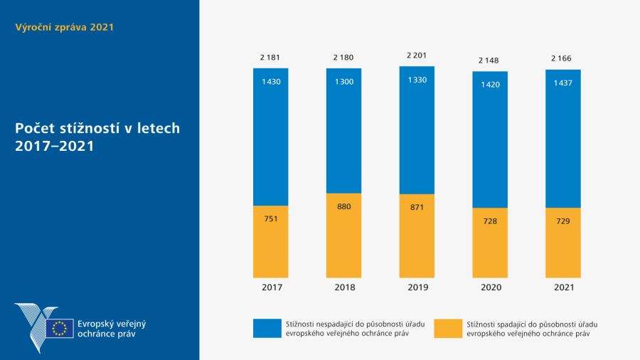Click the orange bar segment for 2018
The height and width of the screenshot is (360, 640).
343,242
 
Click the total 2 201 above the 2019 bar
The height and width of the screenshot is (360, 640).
417,55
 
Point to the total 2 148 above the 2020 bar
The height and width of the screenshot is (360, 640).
490,60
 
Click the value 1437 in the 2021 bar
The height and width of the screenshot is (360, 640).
563,83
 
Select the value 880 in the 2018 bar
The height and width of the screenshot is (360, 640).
343,207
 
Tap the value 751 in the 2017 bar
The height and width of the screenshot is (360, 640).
270,218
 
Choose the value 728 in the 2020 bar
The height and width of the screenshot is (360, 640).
490,221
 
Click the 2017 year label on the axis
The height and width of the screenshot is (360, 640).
270,287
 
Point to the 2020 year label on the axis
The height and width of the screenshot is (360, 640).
490,287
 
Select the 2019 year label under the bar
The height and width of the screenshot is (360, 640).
417,287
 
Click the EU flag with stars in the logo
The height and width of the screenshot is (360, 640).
60,328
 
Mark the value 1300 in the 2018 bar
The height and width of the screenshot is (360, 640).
343,83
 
